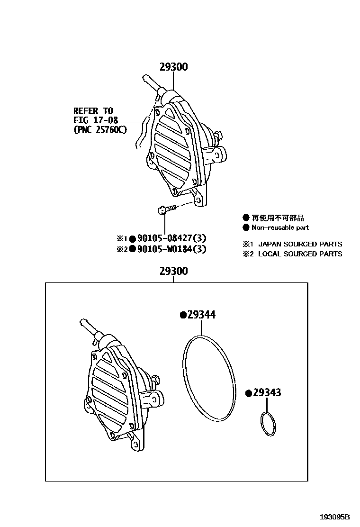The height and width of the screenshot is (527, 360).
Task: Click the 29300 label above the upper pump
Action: pyautogui.click(x=173, y=67)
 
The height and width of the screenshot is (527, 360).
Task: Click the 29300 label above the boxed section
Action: pyautogui.click(x=173, y=272)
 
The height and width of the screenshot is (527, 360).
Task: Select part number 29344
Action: pyautogui.click(x=201, y=315)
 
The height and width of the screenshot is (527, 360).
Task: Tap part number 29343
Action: pyautogui.click(x=267, y=393)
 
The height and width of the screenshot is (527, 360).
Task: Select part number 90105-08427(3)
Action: pyautogui.click(x=172, y=238)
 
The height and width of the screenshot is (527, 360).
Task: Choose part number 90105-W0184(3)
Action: pyautogui.click(x=172, y=249)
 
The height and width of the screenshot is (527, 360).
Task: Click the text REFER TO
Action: pyautogui.click(x=93, y=111)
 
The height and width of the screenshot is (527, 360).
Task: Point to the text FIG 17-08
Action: pyautogui.click(x=95, y=120)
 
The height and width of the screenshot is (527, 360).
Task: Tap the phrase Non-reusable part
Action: pyautogui.click(x=280, y=227)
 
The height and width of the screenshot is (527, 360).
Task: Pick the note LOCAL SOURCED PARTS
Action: pyautogui.click(x=300, y=254)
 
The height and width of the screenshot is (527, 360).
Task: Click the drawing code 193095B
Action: pyautogui.click(x=334, y=517)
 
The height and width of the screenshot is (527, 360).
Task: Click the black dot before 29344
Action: pyautogui.click(x=182, y=315)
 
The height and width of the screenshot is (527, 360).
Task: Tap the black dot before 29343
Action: pyautogui.click(x=248, y=393)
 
